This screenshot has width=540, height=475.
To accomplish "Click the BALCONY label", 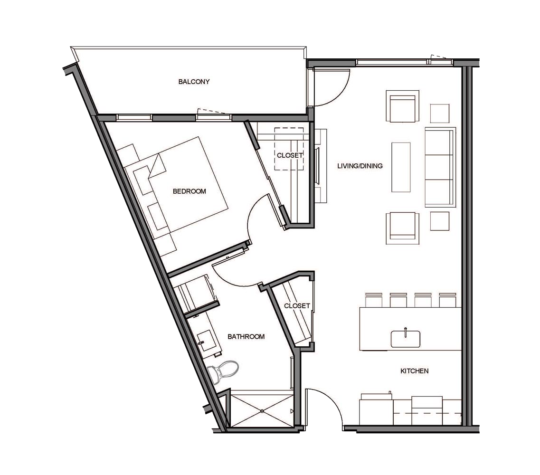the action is click(x=194, y=82).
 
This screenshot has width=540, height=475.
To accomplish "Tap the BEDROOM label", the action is click(x=189, y=191).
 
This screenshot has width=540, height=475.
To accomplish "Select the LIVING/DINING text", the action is click(x=360, y=166).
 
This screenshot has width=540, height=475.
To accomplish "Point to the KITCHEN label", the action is click(x=414, y=371).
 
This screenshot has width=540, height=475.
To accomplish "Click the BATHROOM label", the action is click(x=246, y=336).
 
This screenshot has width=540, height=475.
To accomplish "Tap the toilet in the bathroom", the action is click(x=223, y=371).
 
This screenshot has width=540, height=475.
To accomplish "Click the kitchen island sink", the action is click(x=405, y=338).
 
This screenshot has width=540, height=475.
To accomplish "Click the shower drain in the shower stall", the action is click(x=262, y=411).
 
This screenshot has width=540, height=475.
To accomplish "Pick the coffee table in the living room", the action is click(x=401, y=167).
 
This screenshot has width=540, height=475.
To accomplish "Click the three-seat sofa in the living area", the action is click(x=440, y=167).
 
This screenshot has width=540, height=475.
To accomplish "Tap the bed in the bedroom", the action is click(x=176, y=188).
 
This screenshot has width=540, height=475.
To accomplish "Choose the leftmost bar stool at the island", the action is click(x=374, y=300).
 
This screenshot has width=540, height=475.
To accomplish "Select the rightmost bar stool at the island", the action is click(x=448, y=300).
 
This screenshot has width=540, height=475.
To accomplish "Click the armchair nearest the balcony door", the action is click(x=402, y=106).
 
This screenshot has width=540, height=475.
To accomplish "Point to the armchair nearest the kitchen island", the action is click(x=402, y=228).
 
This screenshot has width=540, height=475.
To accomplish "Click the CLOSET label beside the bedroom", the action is click(x=290, y=155).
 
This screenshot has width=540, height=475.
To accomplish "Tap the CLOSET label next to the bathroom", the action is click(x=297, y=305).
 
